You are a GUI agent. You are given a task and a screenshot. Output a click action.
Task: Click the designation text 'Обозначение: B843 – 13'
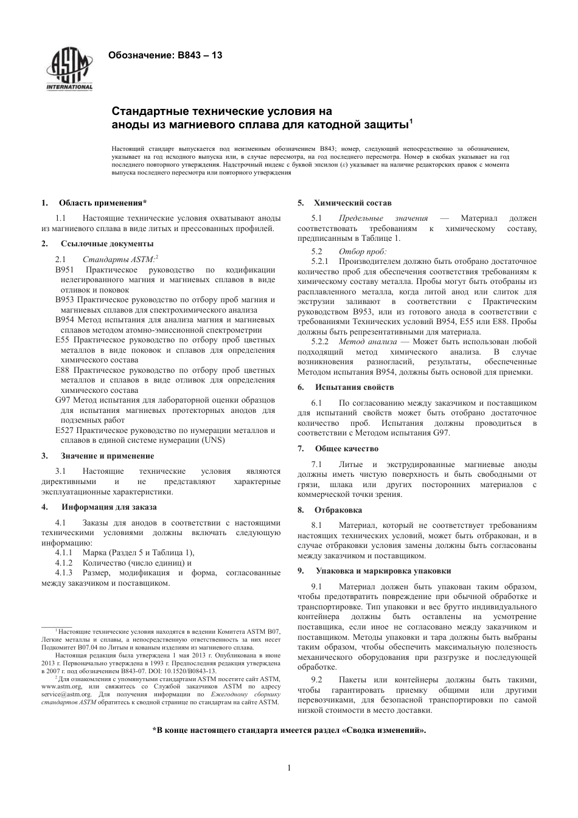pos(165,55)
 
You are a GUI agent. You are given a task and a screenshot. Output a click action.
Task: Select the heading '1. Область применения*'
pos(94,203)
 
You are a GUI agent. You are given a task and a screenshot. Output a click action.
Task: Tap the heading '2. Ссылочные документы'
pos(97,244)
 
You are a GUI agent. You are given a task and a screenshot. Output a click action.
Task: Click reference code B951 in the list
pos(64,269)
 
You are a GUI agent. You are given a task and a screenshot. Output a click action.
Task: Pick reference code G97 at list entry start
pos(63,400)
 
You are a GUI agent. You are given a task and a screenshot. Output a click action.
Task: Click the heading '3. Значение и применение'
pos(98,456)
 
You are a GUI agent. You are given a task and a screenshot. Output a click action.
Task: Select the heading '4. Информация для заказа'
pos(99,507)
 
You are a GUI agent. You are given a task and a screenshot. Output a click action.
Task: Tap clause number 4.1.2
pos(64,563)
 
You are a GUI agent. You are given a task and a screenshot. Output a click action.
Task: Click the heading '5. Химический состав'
pos(344,203)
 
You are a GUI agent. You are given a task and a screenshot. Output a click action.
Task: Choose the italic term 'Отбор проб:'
pos(363,251)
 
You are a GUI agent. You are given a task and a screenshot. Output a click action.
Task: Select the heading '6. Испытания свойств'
pos(346,387)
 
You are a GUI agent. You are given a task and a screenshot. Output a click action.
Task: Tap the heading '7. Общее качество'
pos(338,448)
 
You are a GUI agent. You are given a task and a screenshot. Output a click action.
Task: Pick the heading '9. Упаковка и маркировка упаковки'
pos(374,571)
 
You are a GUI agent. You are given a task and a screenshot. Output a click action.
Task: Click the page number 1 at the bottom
pos(289,768)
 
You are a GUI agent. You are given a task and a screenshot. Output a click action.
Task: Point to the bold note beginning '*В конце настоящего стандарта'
pos(289,730)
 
